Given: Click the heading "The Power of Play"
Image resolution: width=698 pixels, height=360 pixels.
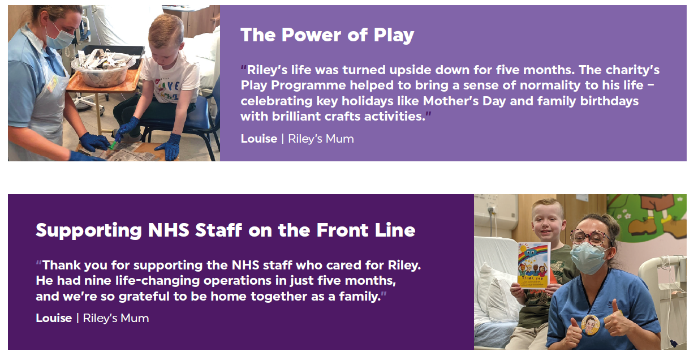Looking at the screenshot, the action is (x=327, y=35).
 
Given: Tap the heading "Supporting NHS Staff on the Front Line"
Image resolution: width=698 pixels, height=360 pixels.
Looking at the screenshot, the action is (x=226, y=231).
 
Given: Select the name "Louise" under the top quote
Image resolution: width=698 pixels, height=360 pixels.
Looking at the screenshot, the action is (x=259, y=139).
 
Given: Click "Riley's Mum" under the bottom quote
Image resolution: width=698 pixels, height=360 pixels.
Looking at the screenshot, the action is (x=116, y=319).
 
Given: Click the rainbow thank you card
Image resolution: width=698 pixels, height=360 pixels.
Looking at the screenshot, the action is (x=533, y=266).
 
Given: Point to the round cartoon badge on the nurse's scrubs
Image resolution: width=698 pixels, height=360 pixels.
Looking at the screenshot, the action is (x=590, y=325).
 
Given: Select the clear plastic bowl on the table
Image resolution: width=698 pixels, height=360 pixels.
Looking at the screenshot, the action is (x=102, y=71).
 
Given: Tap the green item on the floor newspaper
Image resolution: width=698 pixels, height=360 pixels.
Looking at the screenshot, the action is (x=112, y=145).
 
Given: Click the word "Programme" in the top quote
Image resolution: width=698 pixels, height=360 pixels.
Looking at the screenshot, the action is (x=308, y=86).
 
